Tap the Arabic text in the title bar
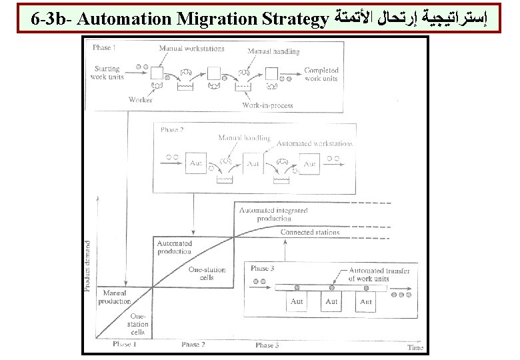[x=411, y=19]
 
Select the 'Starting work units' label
[x=107, y=73]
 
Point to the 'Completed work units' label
[x=321, y=74]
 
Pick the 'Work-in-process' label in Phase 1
[x=265, y=105]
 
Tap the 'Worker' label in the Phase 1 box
[x=141, y=100]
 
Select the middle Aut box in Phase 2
[x=253, y=163]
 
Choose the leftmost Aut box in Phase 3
[x=297, y=302]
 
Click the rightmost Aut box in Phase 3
[x=367, y=302]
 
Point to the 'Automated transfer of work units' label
[x=379, y=275]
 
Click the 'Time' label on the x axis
[x=415, y=347]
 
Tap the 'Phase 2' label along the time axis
[x=193, y=345]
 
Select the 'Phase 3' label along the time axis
[x=267, y=345]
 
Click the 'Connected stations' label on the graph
[x=309, y=232]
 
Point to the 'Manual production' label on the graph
[x=115, y=297]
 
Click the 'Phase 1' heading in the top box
[x=103, y=47]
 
